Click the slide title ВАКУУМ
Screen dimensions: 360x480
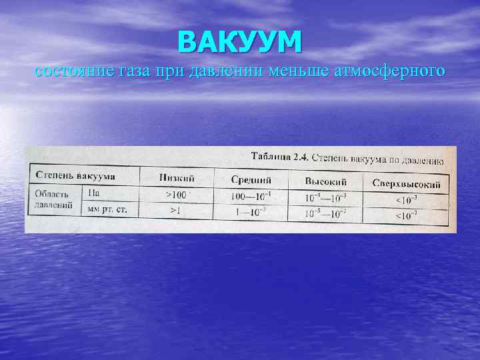[x=240, y=41]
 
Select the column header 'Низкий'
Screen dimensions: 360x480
[x=177, y=177]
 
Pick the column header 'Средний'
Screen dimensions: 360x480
[x=251, y=179]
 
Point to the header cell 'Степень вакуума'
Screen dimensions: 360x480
[x=75, y=175]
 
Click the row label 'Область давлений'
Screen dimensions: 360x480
[x=53, y=199]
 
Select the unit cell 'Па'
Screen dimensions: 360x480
[x=94, y=192]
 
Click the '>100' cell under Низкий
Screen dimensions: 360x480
[x=177, y=195]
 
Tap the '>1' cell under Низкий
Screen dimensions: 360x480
[x=176, y=210]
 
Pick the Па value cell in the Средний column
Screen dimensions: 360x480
[x=251, y=196]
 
